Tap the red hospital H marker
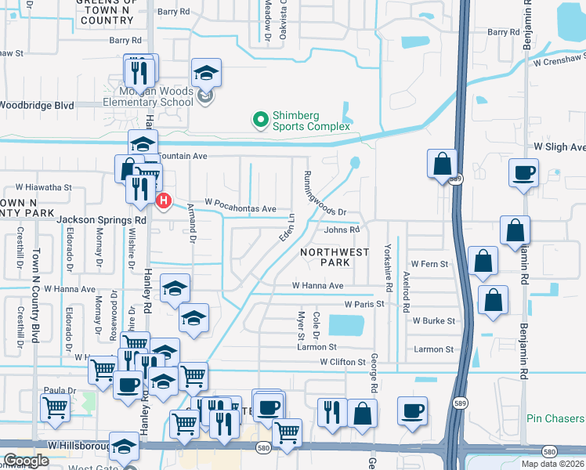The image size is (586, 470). [x=164, y=201]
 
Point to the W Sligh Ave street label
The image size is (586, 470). [x=559, y=147]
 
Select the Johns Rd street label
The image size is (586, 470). [x=342, y=230]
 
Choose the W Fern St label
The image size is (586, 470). [x=429, y=265]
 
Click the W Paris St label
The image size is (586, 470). [x=364, y=304]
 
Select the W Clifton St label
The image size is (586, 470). [x=342, y=362]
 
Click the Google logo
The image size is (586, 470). [x=26, y=461]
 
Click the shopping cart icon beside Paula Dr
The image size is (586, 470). [x=54, y=407]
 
